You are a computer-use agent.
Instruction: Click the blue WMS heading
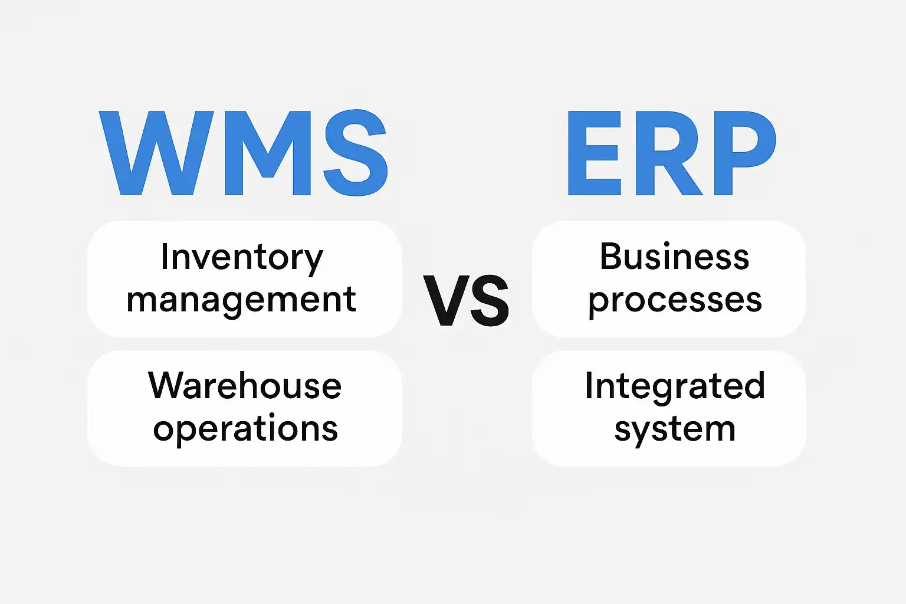tap(244, 153)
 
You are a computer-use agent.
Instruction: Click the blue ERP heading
tap(672, 153)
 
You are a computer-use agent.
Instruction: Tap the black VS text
tap(466, 300)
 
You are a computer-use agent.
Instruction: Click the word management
tap(241, 301)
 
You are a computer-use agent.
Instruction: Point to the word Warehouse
tap(245, 386)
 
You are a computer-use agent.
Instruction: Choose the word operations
tap(245, 429)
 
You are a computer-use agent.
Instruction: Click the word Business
tap(674, 257)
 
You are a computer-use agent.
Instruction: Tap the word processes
tap(675, 303)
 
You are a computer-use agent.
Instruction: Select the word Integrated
tap(675, 387)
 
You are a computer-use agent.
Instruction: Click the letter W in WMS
tap(156, 153)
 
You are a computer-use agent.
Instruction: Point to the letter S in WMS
tap(356, 153)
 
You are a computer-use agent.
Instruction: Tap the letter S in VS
tap(490, 300)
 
